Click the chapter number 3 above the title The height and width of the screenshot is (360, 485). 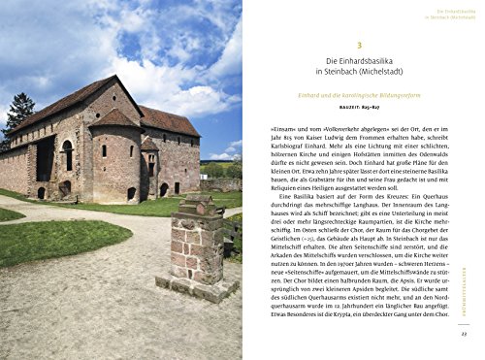pyautogui.click(x=358, y=45)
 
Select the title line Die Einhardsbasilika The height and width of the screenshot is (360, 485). pyautogui.click(x=358, y=62)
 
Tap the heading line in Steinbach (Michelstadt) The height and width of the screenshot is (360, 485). pyautogui.click(x=358, y=74)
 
